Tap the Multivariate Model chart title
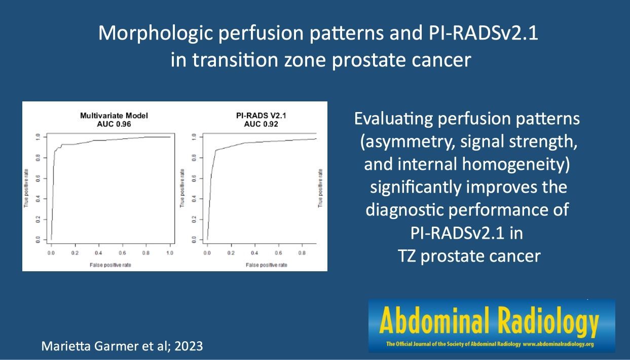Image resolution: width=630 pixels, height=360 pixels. point(114,116)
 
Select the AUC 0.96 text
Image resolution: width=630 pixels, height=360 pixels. point(114,124)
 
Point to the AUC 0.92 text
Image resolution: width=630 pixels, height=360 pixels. point(261,124)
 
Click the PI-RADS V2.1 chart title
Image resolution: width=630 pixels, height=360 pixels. point(261,116)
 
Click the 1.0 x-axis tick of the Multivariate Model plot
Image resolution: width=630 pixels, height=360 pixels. point(170,253)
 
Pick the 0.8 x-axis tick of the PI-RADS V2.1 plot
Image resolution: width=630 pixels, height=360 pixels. point(302,253)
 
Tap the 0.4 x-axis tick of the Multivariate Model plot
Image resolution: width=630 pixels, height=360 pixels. point(98,253)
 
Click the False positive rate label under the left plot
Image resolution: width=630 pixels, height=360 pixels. point(110,265)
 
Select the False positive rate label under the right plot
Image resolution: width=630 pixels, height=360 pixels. point(267,265)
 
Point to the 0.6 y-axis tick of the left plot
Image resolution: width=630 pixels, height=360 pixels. point(38,178)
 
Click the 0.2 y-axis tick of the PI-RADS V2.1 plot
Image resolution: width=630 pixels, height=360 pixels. point(194,220)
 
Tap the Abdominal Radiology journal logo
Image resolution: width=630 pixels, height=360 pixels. point(492,326)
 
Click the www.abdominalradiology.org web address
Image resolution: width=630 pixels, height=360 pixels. point(558,344)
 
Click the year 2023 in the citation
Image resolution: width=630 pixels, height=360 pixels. point(189,346)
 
